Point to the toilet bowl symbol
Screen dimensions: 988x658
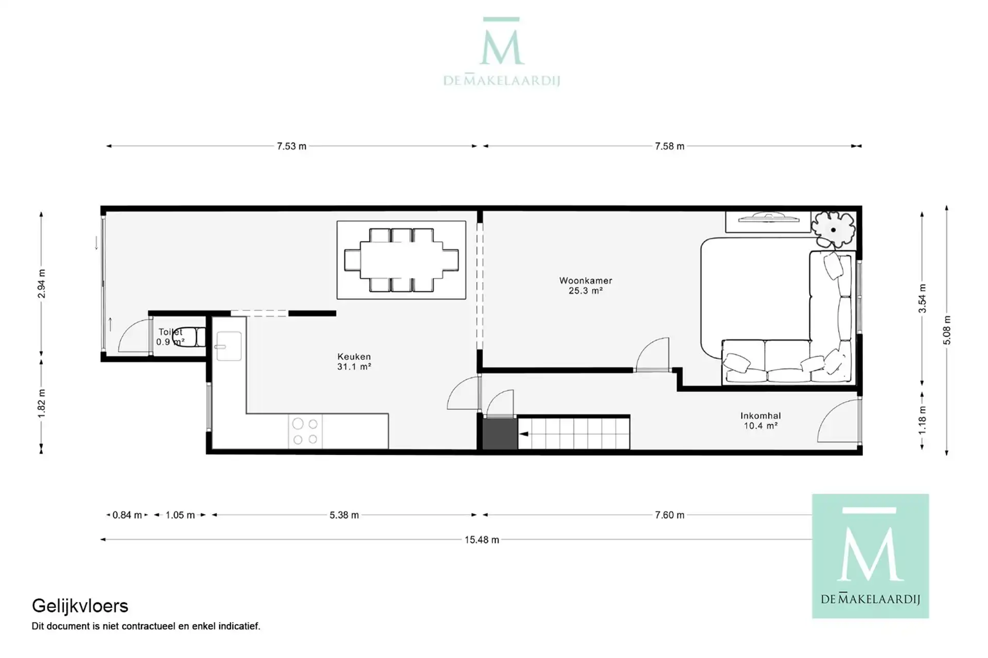[188, 337]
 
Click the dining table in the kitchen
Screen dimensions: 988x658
[401, 260]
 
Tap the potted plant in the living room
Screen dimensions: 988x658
[833, 229]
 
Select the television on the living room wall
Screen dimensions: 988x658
[768, 218]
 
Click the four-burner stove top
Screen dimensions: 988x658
[305, 431]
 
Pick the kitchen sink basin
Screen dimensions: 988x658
[228, 346]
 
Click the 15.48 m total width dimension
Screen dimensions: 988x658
[482, 540]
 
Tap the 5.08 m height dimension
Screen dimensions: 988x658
[947, 330]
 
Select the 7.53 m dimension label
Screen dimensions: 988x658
[291, 146]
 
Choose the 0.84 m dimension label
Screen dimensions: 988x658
[127, 515]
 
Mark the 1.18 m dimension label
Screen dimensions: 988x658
[922, 420]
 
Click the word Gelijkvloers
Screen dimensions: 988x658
[80, 606]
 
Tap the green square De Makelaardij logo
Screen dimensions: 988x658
[870, 556]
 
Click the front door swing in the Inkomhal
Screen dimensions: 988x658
[838, 421]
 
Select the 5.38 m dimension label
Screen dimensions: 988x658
[344, 515]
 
